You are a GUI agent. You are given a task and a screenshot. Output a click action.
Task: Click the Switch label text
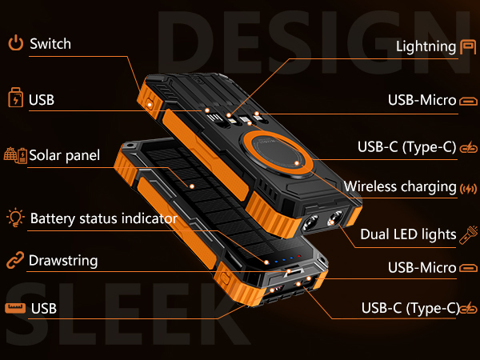50,44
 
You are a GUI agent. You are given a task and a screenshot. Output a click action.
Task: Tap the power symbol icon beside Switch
15,42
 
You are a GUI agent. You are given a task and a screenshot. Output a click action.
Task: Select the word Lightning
426,47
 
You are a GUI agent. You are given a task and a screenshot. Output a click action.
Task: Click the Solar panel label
64,155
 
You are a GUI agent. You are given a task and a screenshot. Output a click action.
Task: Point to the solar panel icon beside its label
15,155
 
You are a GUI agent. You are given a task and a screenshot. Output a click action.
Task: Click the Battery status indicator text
104,218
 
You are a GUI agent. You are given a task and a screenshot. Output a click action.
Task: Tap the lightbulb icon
15,218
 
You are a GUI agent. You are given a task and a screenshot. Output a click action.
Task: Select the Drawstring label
63,261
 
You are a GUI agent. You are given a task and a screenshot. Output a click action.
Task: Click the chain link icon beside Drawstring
15,260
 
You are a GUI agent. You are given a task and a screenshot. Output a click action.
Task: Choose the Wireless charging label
400,186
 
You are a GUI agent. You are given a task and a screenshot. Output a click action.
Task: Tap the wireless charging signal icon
468,189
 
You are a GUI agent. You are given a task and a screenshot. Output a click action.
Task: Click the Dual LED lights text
408,234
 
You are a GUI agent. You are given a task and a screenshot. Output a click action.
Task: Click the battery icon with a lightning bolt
16,98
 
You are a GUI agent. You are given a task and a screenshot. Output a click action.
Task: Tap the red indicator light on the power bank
299,256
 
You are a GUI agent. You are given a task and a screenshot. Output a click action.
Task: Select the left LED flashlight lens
310,222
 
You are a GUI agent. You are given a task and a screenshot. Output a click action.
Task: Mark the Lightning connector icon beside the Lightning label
468,47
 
